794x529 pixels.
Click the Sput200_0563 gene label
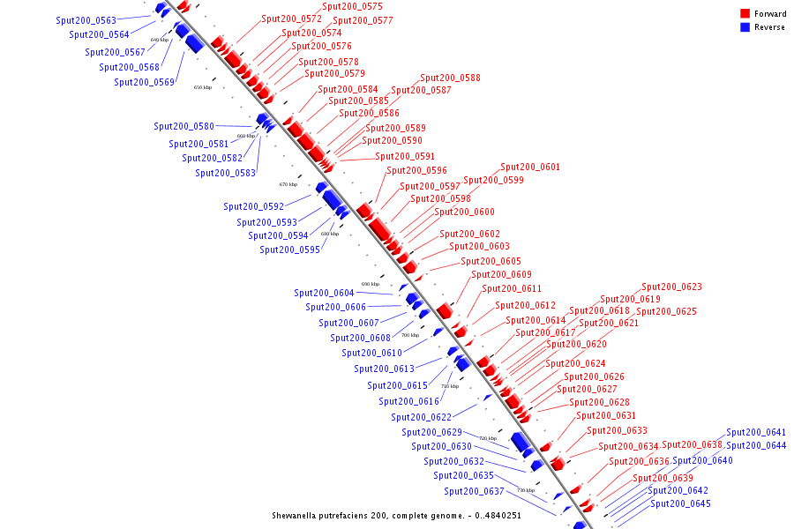point(86,19)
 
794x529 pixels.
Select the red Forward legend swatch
point(745,13)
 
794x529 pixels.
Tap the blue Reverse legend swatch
point(745,26)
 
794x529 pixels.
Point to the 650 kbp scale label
point(203,87)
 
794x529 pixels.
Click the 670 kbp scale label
point(288,184)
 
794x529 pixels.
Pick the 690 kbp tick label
point(371,284)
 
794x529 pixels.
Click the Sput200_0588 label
point(450,78)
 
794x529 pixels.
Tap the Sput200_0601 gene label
point(530,167)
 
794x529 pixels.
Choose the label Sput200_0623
point(671,287)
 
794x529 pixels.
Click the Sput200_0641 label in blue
point(756,432)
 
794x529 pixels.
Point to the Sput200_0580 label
point(184,126)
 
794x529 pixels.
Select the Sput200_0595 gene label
point(289,250)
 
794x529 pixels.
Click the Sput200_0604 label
point(324,293)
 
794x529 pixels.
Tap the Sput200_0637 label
point(474,491)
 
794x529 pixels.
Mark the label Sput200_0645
point(680,503)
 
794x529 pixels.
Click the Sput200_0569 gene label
point(144,82)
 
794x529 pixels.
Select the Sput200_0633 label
point(617,430)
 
